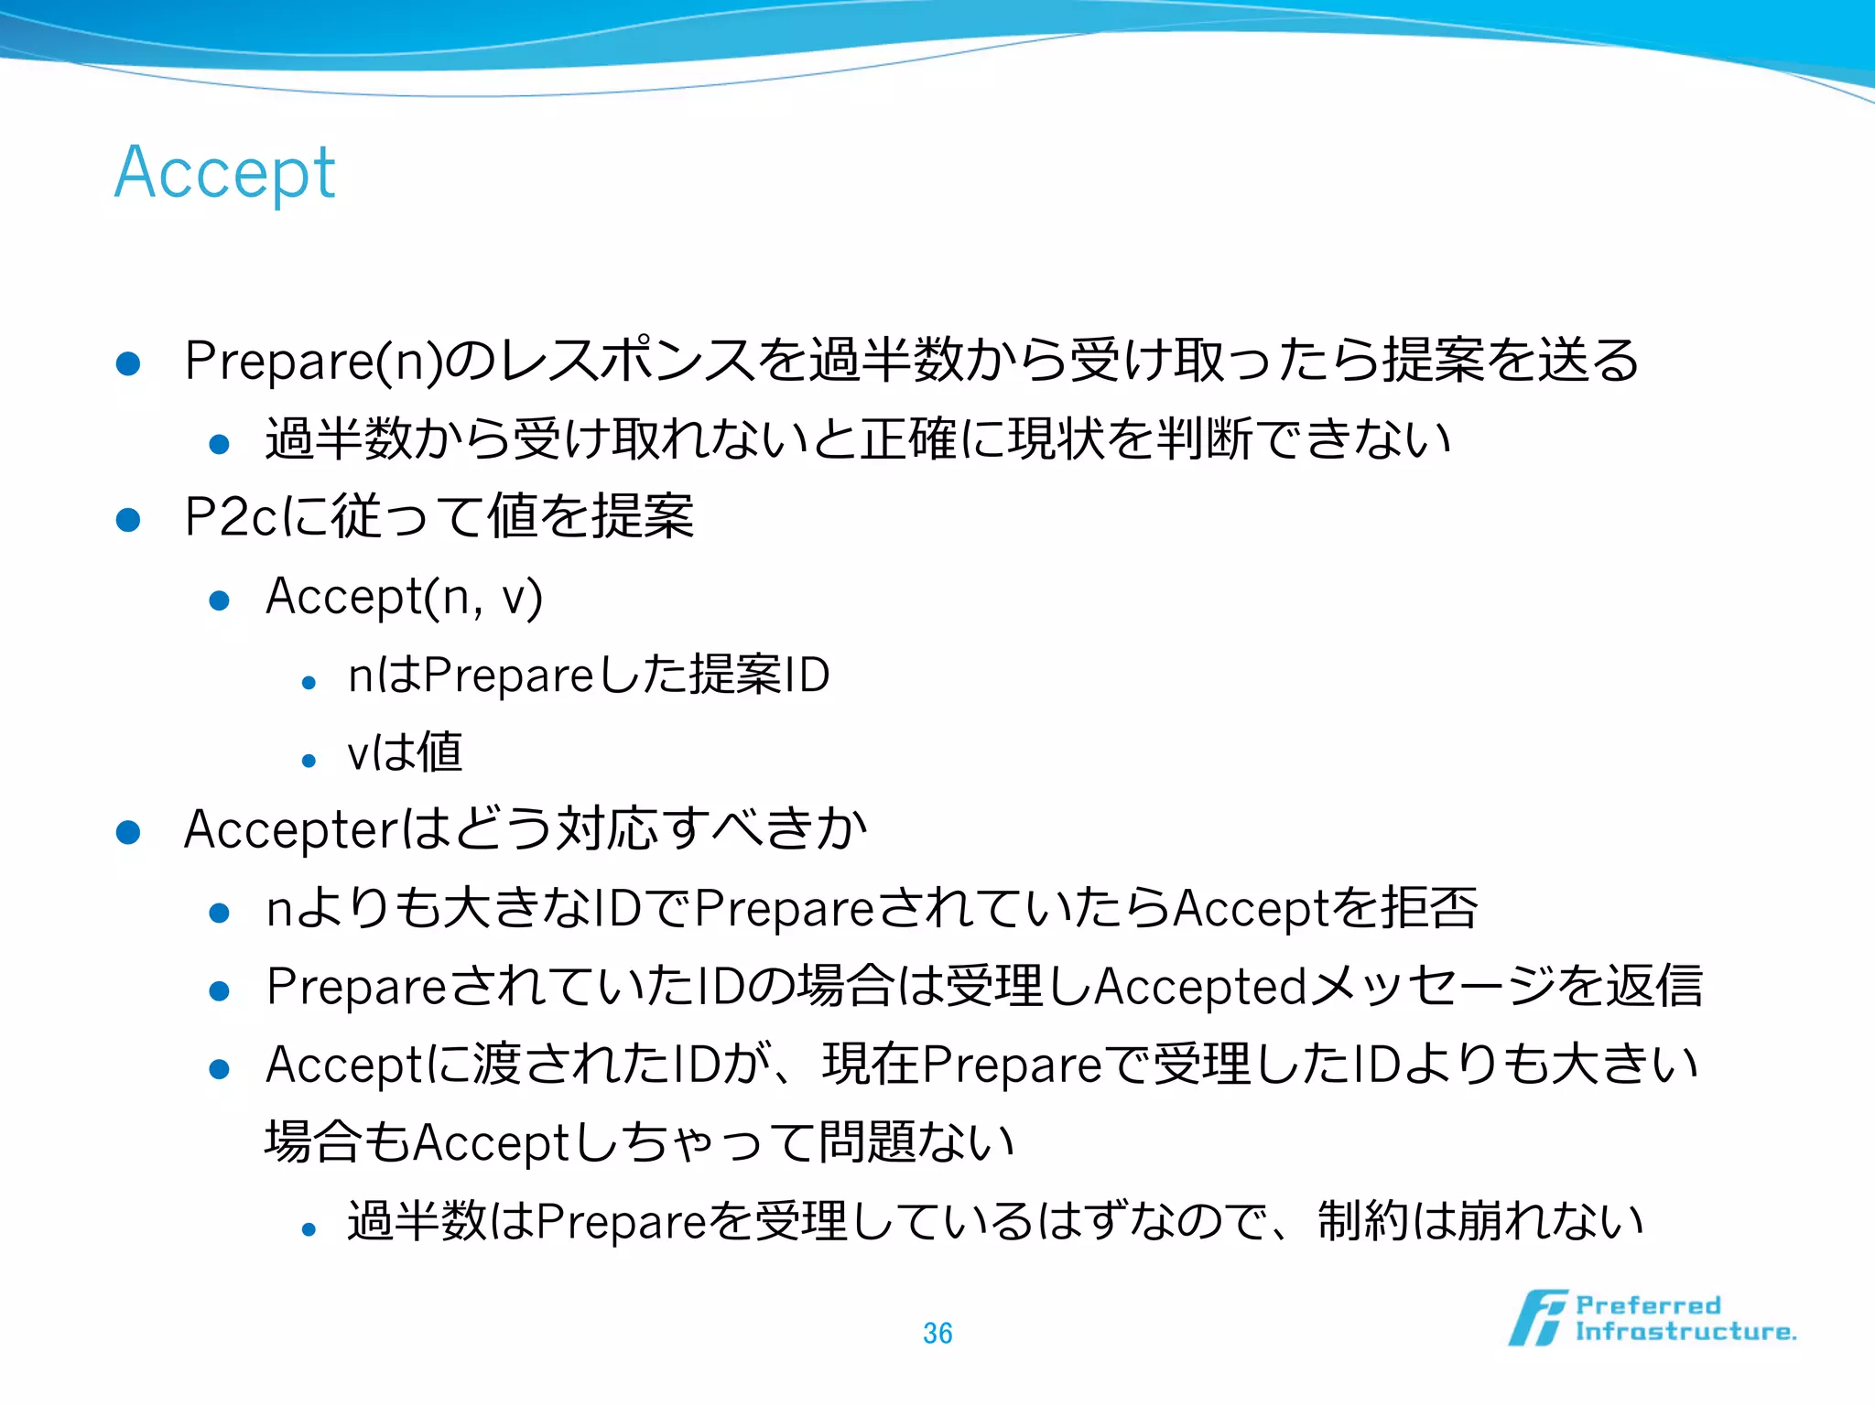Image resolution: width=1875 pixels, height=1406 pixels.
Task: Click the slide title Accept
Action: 225,174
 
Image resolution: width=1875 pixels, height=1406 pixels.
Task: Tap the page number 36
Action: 937,1333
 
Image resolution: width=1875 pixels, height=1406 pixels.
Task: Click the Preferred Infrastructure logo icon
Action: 1537,1318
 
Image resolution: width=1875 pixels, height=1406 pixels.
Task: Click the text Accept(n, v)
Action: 404,597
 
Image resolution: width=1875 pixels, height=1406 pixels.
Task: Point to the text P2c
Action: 230,517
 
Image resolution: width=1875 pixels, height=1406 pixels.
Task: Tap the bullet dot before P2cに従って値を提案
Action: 128,520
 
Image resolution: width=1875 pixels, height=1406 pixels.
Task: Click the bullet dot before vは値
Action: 309,760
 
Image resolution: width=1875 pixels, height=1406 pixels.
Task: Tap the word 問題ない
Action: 916,1142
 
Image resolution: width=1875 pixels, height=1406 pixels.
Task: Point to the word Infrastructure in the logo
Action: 1685,1332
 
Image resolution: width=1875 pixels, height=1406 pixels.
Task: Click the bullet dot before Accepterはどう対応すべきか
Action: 128,832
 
